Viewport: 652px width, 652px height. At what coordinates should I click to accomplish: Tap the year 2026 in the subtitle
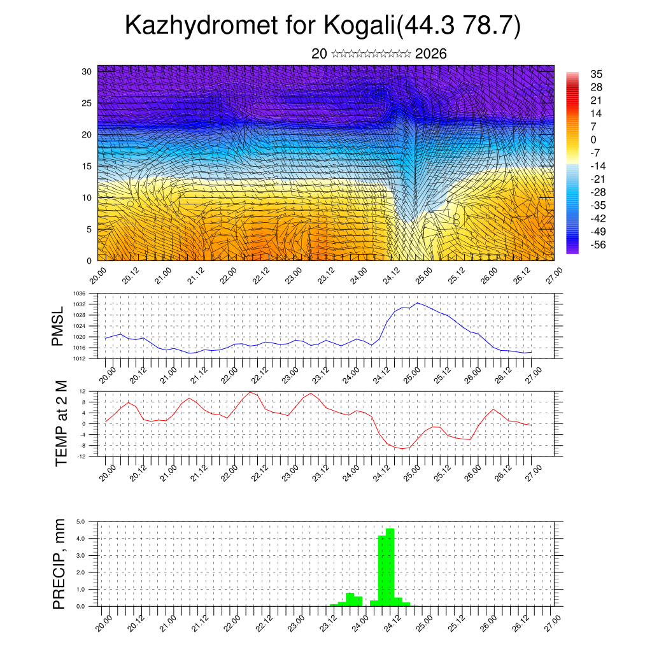pos(430,53)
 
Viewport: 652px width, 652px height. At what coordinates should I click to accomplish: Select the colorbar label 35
pos(596,74)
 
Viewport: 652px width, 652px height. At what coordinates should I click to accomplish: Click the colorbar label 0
pos(593,139)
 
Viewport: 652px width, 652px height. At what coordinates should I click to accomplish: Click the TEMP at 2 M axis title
pos(61,424)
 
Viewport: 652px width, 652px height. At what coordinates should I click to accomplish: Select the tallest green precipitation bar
pos(390,567)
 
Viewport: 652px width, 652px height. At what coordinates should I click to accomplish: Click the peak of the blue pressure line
pos(418,302)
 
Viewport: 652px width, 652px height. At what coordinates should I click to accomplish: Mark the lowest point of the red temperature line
pos(402,449)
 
